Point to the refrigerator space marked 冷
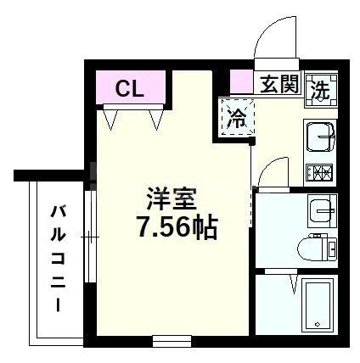coord(238,118)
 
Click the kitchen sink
coord(320,137)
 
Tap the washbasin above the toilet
coord(322,209)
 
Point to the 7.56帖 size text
coord(176,226)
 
